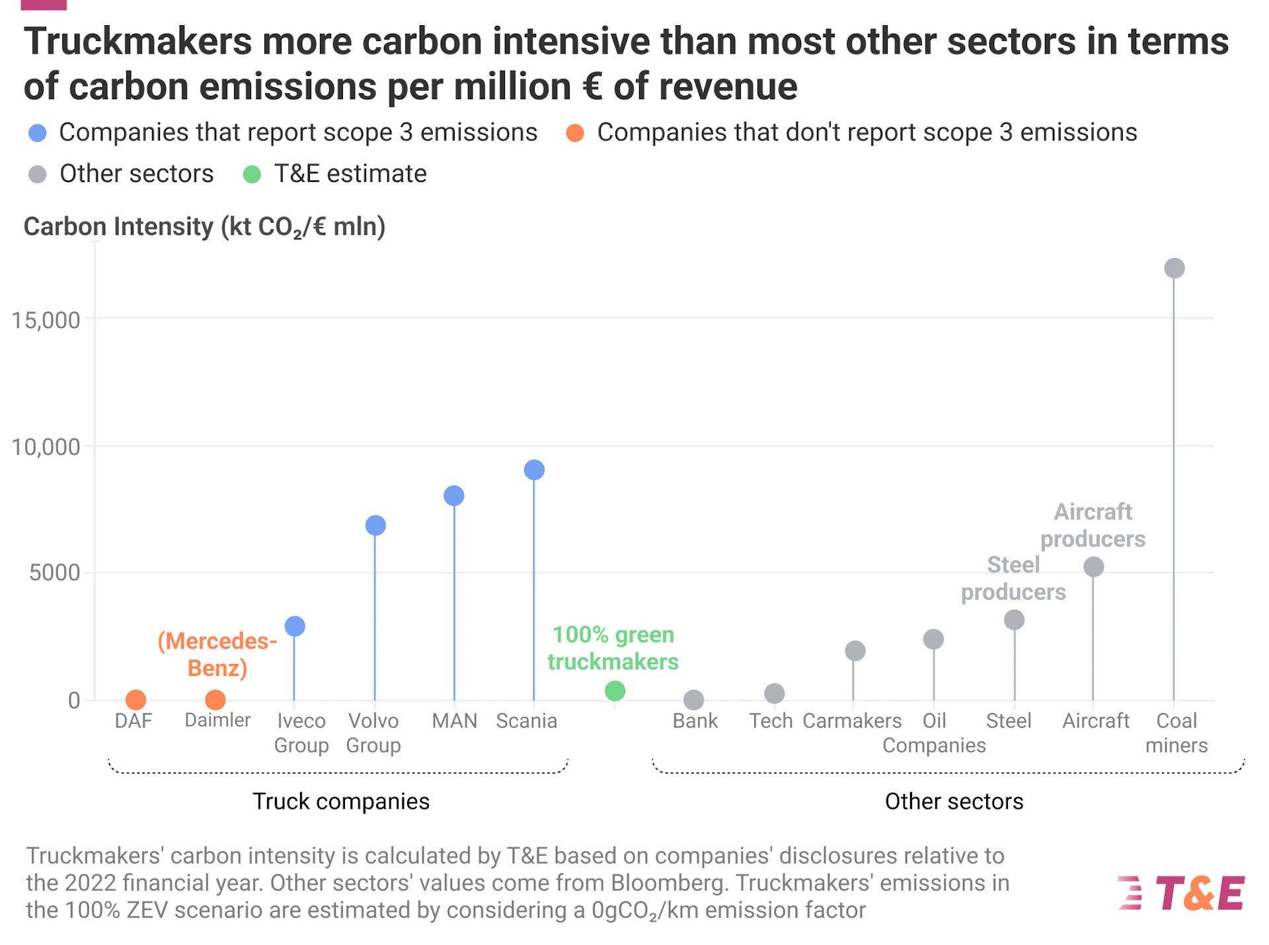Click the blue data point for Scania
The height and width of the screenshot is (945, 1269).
point(534,470)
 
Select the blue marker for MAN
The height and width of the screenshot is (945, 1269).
point(454,495)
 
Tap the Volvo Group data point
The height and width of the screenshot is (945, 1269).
point(375,525)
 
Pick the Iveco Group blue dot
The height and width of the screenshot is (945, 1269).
point(295,626)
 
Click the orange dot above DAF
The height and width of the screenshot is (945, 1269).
point(135,699)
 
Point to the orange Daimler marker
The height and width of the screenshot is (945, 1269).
point(215,699)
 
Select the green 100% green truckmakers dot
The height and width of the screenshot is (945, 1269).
point(615,691)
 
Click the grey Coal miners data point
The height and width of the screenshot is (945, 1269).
point(1174,268)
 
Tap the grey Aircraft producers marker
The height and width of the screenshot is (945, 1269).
point(1094,567)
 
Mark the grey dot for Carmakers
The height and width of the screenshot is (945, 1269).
point(855,651)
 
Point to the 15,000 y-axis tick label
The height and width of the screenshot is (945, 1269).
point(46,320)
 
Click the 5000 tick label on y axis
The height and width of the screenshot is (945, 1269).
point(54,573)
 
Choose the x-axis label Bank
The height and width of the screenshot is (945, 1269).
point(695,720)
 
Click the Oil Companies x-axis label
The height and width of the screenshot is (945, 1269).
point(934,733)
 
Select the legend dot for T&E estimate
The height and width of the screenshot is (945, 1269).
point(252,175)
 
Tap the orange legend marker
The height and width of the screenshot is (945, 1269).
point(575,133)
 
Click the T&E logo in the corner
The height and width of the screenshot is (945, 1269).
point(1182,893)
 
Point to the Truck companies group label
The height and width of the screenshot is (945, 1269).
point(341,801)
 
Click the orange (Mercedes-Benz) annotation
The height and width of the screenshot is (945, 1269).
point(217,654)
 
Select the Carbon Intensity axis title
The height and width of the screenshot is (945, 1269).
point(204,227)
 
